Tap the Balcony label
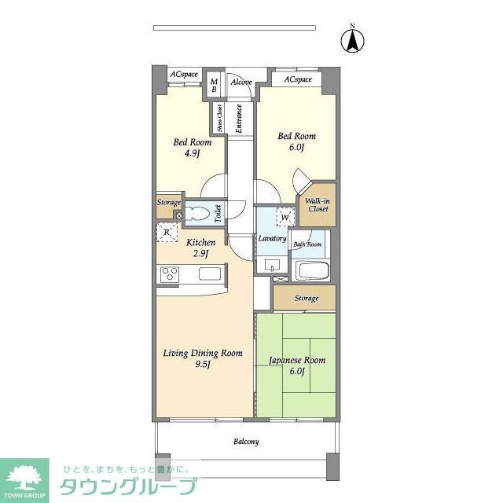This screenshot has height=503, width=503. pos(246,442)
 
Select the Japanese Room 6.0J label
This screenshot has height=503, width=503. pos(296,366)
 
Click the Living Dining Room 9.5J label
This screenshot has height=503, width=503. pos(203,358)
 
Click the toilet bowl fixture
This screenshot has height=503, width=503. pos(201,212)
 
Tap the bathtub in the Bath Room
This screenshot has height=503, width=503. pos(312,272)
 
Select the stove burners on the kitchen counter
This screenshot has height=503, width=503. pos(169,274)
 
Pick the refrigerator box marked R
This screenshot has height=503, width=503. pos(167,232)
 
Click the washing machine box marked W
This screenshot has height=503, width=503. pos(284,217)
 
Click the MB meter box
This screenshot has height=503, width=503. pos(213,84)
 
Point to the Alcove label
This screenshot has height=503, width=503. pos(240,81)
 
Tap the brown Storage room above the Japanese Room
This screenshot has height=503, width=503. pos(306,298)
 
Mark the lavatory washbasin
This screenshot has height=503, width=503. pos(274,263)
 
